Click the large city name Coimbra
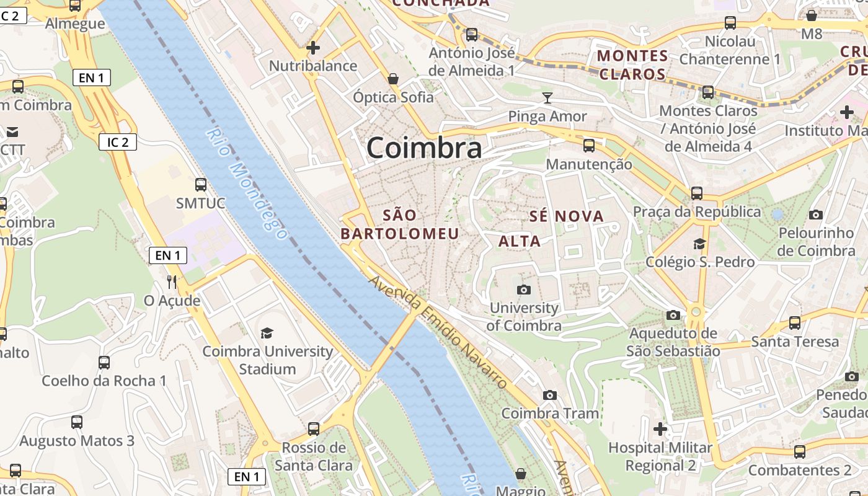(x=424, y=148)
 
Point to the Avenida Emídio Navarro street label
(x=438, y=332)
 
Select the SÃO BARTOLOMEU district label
(x=400, y=224)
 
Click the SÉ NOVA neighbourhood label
(x=566, y=216)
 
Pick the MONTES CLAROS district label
(x=632, y=65)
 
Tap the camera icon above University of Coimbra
(x=524, y=290)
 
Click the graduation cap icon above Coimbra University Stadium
(x=267, y=333)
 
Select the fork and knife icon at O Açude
(x=172, y=282)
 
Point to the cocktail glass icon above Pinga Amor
(x=547, y=97)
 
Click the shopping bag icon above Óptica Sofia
(x=392, y=79)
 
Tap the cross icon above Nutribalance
(x=313, y=47)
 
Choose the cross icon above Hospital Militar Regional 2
(x=660, y=428)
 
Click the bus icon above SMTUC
(x=200, y=184)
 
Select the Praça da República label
(x=697, y=212)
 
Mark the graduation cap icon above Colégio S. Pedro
(x=700, y=243)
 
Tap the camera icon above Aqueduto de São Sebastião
(x=673, y=315)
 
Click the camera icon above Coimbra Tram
(x=549, y=395)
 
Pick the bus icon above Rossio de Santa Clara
(x=314, y=428)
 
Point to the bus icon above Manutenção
(x=588, y=146)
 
